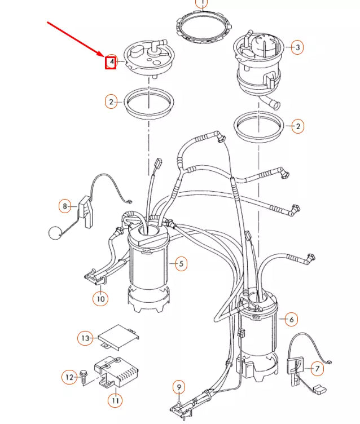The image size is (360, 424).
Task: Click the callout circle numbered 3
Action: coord(297,47)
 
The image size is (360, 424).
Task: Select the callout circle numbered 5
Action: coord(181,263)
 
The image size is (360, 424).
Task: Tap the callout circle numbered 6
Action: coord(291,320)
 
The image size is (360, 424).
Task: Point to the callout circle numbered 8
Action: coord(65,206)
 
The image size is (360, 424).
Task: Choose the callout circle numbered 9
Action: coord(178,387)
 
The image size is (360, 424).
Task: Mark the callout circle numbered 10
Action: coord(100,299)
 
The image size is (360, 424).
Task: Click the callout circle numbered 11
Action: coord(115,400)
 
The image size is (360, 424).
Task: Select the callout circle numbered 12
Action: coord(69,376)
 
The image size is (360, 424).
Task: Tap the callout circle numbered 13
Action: coord(85,338)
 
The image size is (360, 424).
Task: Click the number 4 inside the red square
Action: coord(111,61)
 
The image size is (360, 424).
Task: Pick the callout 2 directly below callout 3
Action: coord(297,126)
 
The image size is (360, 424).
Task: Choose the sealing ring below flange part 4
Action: coord(148,103)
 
